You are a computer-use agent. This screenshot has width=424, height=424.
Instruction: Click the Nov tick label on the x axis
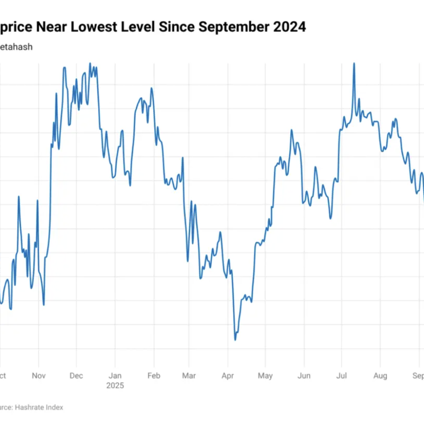[x=39, y=376]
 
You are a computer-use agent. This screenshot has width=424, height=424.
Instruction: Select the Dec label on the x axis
[x=76, y=376]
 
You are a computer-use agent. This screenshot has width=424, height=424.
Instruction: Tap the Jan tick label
[x=115, y=376]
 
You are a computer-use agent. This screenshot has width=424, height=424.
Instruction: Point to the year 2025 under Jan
[x=115, y=385]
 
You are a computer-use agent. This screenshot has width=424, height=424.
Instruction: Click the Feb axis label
[x=154, y=376]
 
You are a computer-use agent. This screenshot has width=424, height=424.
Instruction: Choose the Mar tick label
[x=189, y=376]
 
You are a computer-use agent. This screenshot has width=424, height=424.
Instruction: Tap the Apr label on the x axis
[x=227, y=376]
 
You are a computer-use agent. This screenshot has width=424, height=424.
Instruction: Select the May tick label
[x=265, y=376]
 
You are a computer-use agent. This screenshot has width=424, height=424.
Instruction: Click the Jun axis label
[x=304, y=376]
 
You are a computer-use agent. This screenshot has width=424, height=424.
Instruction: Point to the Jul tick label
[x=341, y=376]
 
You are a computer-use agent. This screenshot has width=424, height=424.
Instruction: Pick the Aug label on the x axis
[x=380, y=376]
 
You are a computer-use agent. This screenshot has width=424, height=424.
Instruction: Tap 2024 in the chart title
[x=289, y=27]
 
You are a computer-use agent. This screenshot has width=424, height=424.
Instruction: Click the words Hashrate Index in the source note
[x=39, y=407]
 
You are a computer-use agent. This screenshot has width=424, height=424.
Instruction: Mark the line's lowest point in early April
[x=235, y=340]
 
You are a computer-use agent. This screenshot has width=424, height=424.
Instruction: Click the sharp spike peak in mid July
[x=354, y=63]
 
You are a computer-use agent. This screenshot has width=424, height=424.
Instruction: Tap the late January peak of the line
[x=152, y=88]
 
